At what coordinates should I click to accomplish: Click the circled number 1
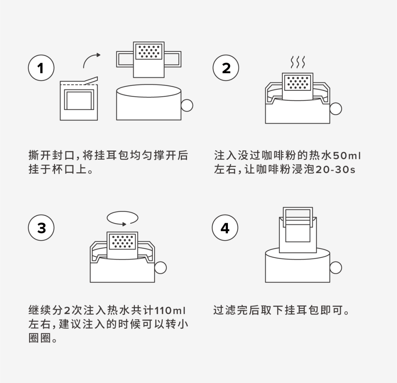point(41,68)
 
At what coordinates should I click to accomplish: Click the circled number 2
point(226,68)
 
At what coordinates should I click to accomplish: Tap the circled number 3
point(41,228)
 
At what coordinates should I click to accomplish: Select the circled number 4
point(225,228)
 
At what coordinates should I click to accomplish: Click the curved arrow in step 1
point(91,60)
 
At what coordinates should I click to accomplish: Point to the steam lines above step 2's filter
point(298,62)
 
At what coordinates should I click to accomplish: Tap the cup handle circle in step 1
point(187,105)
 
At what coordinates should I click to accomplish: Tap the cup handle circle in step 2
point(336,108)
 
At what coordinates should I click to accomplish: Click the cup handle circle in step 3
point(161,268)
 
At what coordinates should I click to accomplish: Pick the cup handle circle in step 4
point(336,267)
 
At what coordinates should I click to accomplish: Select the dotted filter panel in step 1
point(149,51)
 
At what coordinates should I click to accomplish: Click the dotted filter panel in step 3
point(122,241)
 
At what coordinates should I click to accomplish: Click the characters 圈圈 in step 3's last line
point(39,338)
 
